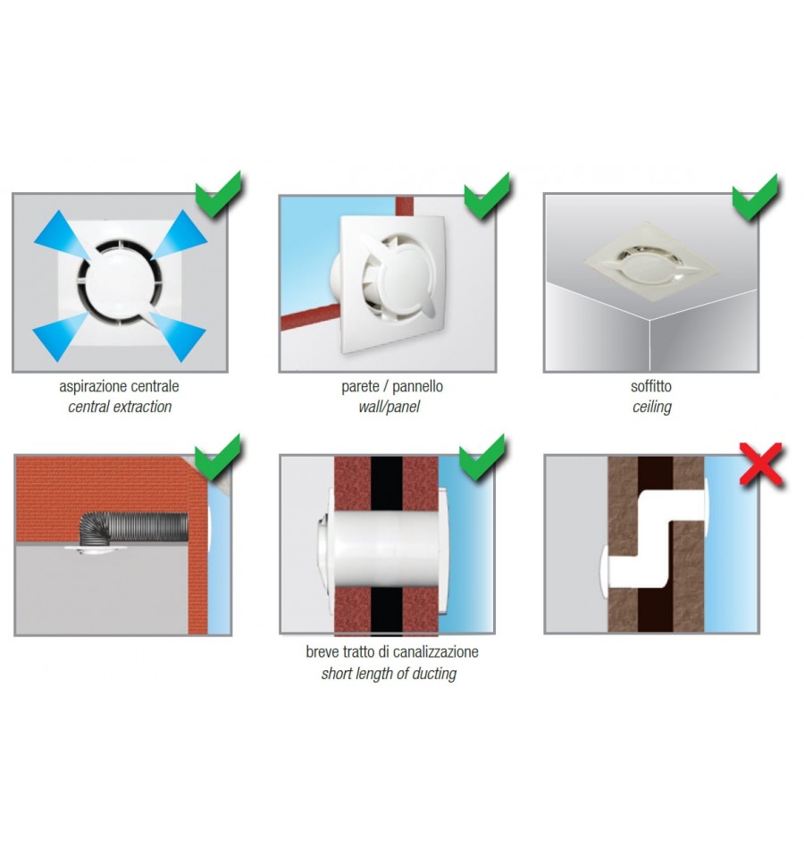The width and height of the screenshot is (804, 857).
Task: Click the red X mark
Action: coord(761,465)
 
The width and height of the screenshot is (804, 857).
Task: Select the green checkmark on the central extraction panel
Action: coord(218,195)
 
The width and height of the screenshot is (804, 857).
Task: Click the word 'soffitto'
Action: coord(651,386)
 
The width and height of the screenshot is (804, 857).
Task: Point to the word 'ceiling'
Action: coord(651,407)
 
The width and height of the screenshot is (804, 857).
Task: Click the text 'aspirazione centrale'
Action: coord(119,386)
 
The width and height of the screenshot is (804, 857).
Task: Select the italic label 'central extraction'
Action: coord(120,407)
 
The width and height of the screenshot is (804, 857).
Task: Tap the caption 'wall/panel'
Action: coord(389,407)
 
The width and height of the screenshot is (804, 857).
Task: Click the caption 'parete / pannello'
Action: coord(392,386)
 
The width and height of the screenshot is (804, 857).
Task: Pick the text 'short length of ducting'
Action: coord(389,674)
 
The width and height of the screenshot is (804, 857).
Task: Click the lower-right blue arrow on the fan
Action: coord(178,336)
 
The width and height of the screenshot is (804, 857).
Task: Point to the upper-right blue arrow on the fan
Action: coord(180,235)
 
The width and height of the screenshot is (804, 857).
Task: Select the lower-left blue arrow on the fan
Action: coord(61,337)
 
